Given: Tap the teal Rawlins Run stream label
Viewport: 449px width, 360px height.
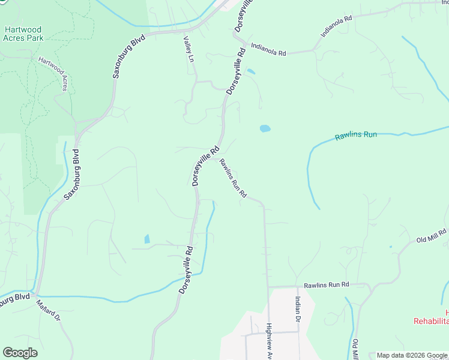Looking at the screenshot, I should point(356,134).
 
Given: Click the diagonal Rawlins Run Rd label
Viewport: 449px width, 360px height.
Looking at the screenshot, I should point(233,178).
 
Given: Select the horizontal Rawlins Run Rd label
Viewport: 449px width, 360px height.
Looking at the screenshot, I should point(326,285).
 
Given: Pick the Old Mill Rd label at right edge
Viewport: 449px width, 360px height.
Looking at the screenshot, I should point(432,236).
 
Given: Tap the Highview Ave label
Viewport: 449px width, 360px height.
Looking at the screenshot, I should point(270,342).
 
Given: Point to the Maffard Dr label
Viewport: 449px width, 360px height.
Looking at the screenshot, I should point(49,311).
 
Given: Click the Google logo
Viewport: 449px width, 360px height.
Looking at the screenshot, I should point(20,353).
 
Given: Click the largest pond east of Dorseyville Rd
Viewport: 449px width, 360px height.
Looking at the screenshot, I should point(264,128).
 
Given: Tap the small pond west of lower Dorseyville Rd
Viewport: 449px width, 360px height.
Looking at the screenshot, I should point(147,239).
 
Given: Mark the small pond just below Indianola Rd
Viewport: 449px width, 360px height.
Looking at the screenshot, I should point(251,72).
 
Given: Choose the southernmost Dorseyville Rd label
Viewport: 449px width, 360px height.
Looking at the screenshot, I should point(185,269).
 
